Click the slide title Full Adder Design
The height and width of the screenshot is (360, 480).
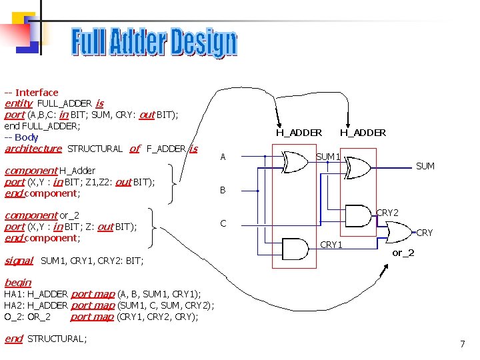(154, 43)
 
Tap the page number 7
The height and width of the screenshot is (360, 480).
(462, 344)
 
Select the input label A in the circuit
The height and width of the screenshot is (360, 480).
(223, 157)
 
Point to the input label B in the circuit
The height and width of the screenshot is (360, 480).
(223, 190)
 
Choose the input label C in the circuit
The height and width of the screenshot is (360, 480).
(223, 223)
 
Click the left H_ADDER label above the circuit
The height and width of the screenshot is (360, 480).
(299, 133)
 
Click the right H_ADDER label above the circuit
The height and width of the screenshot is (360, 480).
(363, 133)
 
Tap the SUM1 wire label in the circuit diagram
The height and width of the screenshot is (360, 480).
(328, 157)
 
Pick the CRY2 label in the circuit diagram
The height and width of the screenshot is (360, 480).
(387, 213)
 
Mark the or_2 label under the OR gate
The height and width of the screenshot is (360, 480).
(403, 253)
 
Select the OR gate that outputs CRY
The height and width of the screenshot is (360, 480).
(395, 232)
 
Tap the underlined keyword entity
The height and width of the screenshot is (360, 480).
(18, 103)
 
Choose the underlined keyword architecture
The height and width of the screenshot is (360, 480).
(33, 149)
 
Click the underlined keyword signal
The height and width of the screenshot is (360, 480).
(19, 261)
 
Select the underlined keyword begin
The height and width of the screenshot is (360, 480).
(17, 283)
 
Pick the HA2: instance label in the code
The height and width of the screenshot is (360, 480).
(15, 305)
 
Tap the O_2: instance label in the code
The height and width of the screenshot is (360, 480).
(13, 317)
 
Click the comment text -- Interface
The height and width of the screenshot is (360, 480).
(31, 93)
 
